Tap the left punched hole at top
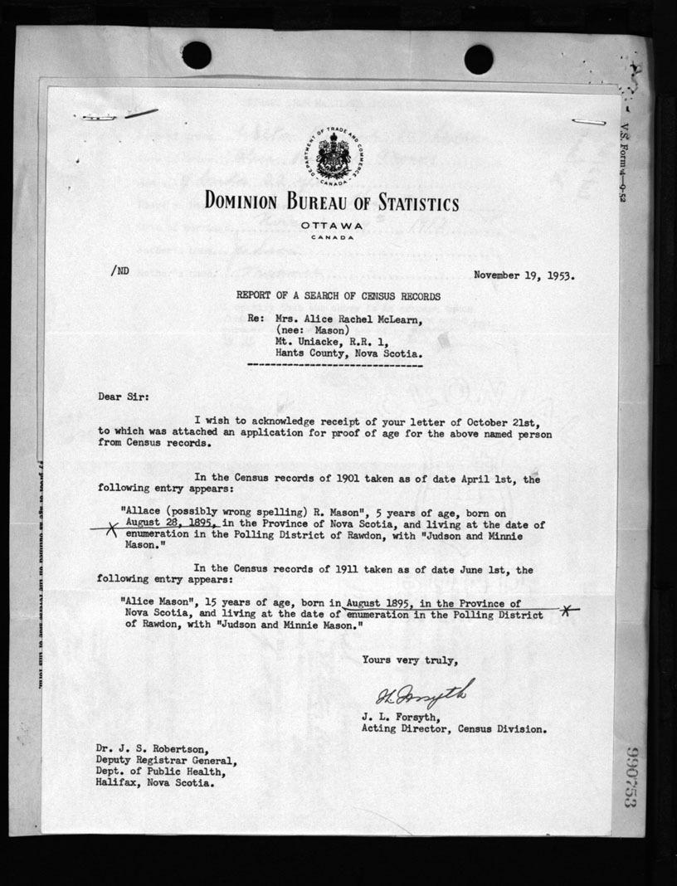tap(197, 56)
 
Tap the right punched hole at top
tap(479, 59)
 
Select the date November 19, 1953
tap(524, 275)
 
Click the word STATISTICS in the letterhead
tap(404, 203)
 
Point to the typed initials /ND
tap(118, 270)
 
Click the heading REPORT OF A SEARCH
tap(338, 296)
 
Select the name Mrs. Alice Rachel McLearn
tap(348, 318)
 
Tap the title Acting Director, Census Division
tap(454, 730)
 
